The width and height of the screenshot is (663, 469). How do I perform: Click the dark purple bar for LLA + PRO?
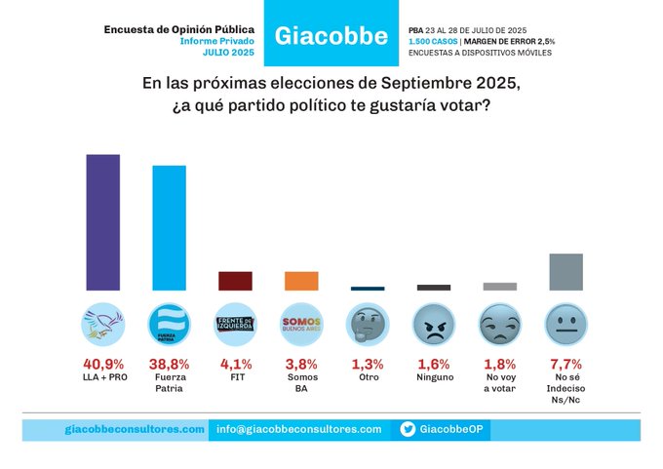click(103, 222)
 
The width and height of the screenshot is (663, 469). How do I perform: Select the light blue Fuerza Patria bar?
click(169, 228)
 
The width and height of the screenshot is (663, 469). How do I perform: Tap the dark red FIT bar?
click(235, 281)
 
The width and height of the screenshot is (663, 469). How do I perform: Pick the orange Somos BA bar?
click(301, 281)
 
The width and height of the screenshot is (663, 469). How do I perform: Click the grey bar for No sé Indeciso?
click(565, 272)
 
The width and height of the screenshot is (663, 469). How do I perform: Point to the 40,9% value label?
click(102, 364)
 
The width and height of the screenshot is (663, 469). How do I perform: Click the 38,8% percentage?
click(169, 364)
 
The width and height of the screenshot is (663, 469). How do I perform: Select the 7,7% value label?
click(565, 364)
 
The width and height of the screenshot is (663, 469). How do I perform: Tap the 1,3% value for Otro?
click(368, 364)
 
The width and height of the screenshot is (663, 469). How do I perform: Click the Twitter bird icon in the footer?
click(408, 429)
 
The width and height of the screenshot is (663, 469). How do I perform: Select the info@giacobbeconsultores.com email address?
click(298, 429)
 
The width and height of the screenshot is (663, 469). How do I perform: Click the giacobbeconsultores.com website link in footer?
click(135, 429)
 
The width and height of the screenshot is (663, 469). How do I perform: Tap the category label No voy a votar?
click(499, 383)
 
